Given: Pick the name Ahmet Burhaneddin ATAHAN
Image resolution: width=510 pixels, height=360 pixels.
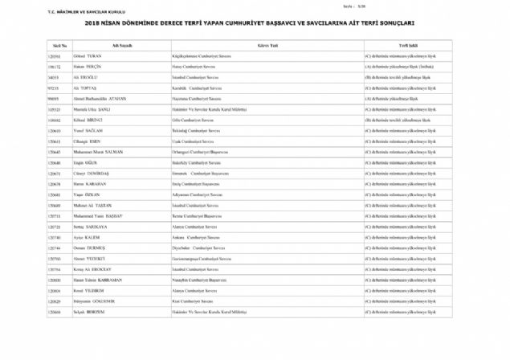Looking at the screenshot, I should pyautogui.click(x=100, y=96).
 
